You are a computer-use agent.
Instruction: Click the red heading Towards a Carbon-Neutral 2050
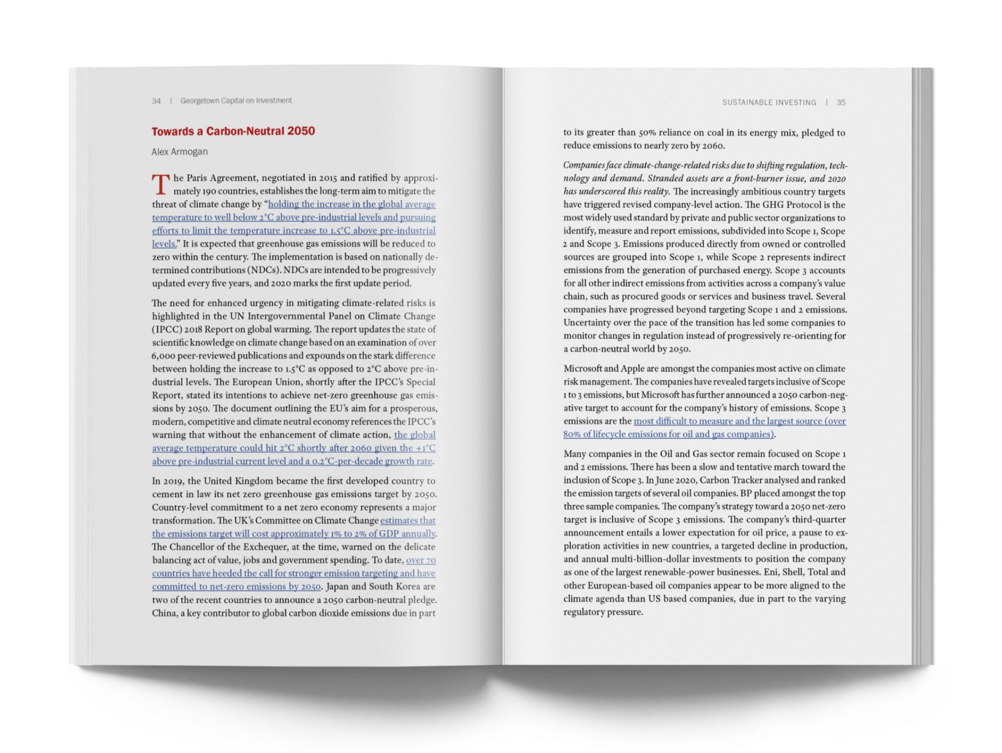pyautogui.click(x=233, y=131)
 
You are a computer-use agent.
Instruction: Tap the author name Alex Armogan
pyautogui.click(x=180, y=152)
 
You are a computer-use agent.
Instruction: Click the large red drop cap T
pyautogui.click(x=161, y=185)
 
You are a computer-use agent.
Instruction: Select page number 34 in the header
pyautogui.click(x=156, y=101)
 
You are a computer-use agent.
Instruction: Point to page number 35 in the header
pyautogui.click(x=841, y=102)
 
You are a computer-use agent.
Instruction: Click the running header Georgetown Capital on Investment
pyautogui.click(x=236, y=101)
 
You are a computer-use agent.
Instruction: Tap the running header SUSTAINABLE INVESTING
pyautogui.click(x=769, y=102)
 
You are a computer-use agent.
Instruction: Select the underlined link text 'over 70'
pyautogui.click(x=421, y=560)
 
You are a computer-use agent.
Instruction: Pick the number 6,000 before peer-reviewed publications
pyautogui.click(x=163, y=356)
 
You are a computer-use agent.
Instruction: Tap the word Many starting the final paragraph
pyautogui.click(x=575, y=454)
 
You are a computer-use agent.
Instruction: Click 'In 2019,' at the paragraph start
pyautogui.click(x=168, y=481)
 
